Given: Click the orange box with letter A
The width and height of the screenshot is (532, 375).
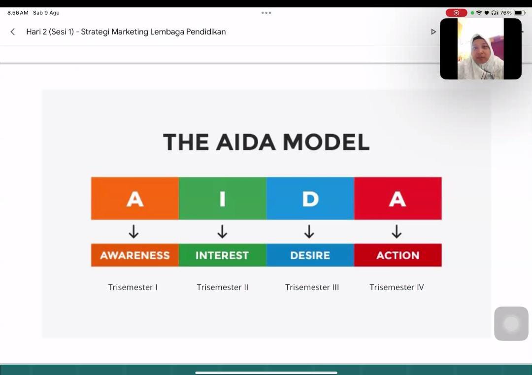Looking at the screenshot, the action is [x=134, y=198].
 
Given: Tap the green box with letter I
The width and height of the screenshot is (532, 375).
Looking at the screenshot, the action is [x=223, y=198].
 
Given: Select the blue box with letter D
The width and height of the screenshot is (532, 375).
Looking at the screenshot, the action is [x=310, y=198].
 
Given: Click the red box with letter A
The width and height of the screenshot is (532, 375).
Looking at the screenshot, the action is [x=398, y=198].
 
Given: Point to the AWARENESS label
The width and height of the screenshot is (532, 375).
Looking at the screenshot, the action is [x=134, y=255].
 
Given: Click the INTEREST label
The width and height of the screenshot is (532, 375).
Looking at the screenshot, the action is [x=223, y=255].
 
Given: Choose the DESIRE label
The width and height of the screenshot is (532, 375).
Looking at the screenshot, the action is [x=310, y=255].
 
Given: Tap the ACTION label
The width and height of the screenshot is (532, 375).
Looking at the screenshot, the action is [x=398, y=255].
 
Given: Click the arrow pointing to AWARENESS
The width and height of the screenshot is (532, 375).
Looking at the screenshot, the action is [x=133, y=232].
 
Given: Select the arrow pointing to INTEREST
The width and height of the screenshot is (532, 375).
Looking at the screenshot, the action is [x=222, y=232].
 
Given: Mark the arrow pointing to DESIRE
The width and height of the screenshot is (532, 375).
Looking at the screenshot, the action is [x=309, y=232].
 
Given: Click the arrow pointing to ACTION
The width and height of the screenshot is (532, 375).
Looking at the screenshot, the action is [x=397, y=232].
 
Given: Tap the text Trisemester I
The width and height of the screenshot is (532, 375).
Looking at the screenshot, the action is [x=133, y=287].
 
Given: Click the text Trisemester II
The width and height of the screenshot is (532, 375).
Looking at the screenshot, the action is [x=223, y=287].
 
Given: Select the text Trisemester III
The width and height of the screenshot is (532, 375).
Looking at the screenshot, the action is [x=312, y=287].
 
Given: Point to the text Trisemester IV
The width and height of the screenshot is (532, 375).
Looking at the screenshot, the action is [x=397, y=287].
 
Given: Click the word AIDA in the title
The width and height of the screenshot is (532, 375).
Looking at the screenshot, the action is [x=246, y=142].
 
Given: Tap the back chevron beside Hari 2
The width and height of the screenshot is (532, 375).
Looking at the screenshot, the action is [x=12, y=32].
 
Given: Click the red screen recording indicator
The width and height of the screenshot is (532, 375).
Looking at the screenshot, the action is [x=456, y=13].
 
